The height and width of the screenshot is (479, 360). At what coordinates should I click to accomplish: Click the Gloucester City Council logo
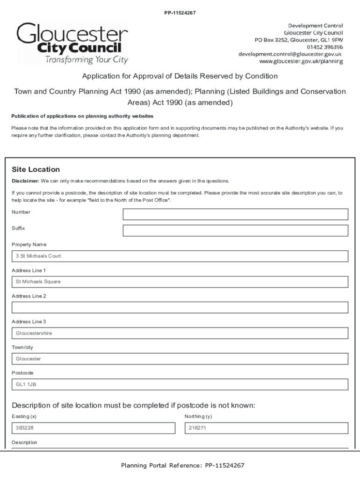[x=72, y=44]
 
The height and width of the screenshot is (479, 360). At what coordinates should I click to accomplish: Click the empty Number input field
[x=235, y=214]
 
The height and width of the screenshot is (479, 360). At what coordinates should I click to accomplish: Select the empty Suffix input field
[x=235, y=231]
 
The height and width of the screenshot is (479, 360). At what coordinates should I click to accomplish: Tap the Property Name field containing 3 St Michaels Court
[x=180, y=256]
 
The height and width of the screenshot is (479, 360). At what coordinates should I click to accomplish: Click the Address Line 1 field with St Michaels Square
[x=180, y=282]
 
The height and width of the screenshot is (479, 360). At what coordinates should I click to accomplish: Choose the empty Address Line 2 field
[x=180, y=307]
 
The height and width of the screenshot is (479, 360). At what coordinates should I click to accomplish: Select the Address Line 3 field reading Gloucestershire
[x=180, y=334]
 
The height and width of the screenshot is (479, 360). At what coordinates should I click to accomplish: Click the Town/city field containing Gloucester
[x=180, y=359]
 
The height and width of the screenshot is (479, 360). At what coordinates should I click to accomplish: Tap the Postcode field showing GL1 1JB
[x=180, y=385]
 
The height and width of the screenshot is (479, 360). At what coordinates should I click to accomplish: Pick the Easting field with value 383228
[x=93, y=428]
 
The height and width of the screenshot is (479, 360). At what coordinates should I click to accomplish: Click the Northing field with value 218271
[x=266, y=428]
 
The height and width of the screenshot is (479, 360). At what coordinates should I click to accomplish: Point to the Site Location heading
[x=36, y=169]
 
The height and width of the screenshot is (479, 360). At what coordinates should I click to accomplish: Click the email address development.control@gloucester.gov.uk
[x=290, y=54]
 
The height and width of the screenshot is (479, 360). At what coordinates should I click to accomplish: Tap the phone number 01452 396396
[x=325, y=47]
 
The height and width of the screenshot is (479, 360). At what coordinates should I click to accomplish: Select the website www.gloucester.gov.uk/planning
[x=301, y=62]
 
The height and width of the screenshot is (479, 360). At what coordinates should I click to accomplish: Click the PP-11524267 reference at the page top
[x=180, y=13]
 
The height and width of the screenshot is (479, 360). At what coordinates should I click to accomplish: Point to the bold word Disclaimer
[x=25, y=181]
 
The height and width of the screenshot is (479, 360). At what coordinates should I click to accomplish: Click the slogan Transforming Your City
[x=86, y=60]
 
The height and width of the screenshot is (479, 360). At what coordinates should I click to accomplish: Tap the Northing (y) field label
[x=198, y=416]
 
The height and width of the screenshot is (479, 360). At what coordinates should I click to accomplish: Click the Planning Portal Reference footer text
[x=182, y=465]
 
